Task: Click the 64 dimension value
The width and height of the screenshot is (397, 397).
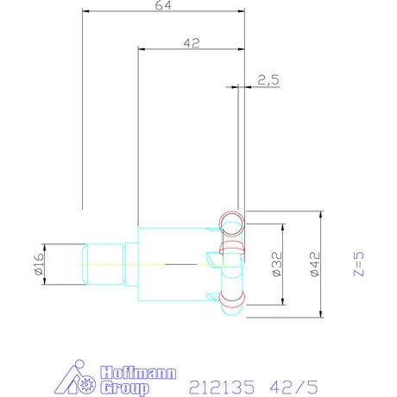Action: [163, 5]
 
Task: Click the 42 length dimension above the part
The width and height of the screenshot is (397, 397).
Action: [192, 43]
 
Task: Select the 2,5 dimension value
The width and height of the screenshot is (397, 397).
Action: [268, 80]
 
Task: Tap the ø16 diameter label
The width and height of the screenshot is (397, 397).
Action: [39, 264]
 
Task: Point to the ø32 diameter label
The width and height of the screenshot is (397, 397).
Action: [277, 264]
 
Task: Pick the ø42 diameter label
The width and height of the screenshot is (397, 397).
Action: [315, 264]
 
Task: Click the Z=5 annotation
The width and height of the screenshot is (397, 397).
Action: [358, 264]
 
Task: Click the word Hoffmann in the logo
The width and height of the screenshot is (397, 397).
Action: [138, 373]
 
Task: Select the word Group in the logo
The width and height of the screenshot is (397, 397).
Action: [125, 388]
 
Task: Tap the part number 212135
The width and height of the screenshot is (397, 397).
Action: [222, 388]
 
